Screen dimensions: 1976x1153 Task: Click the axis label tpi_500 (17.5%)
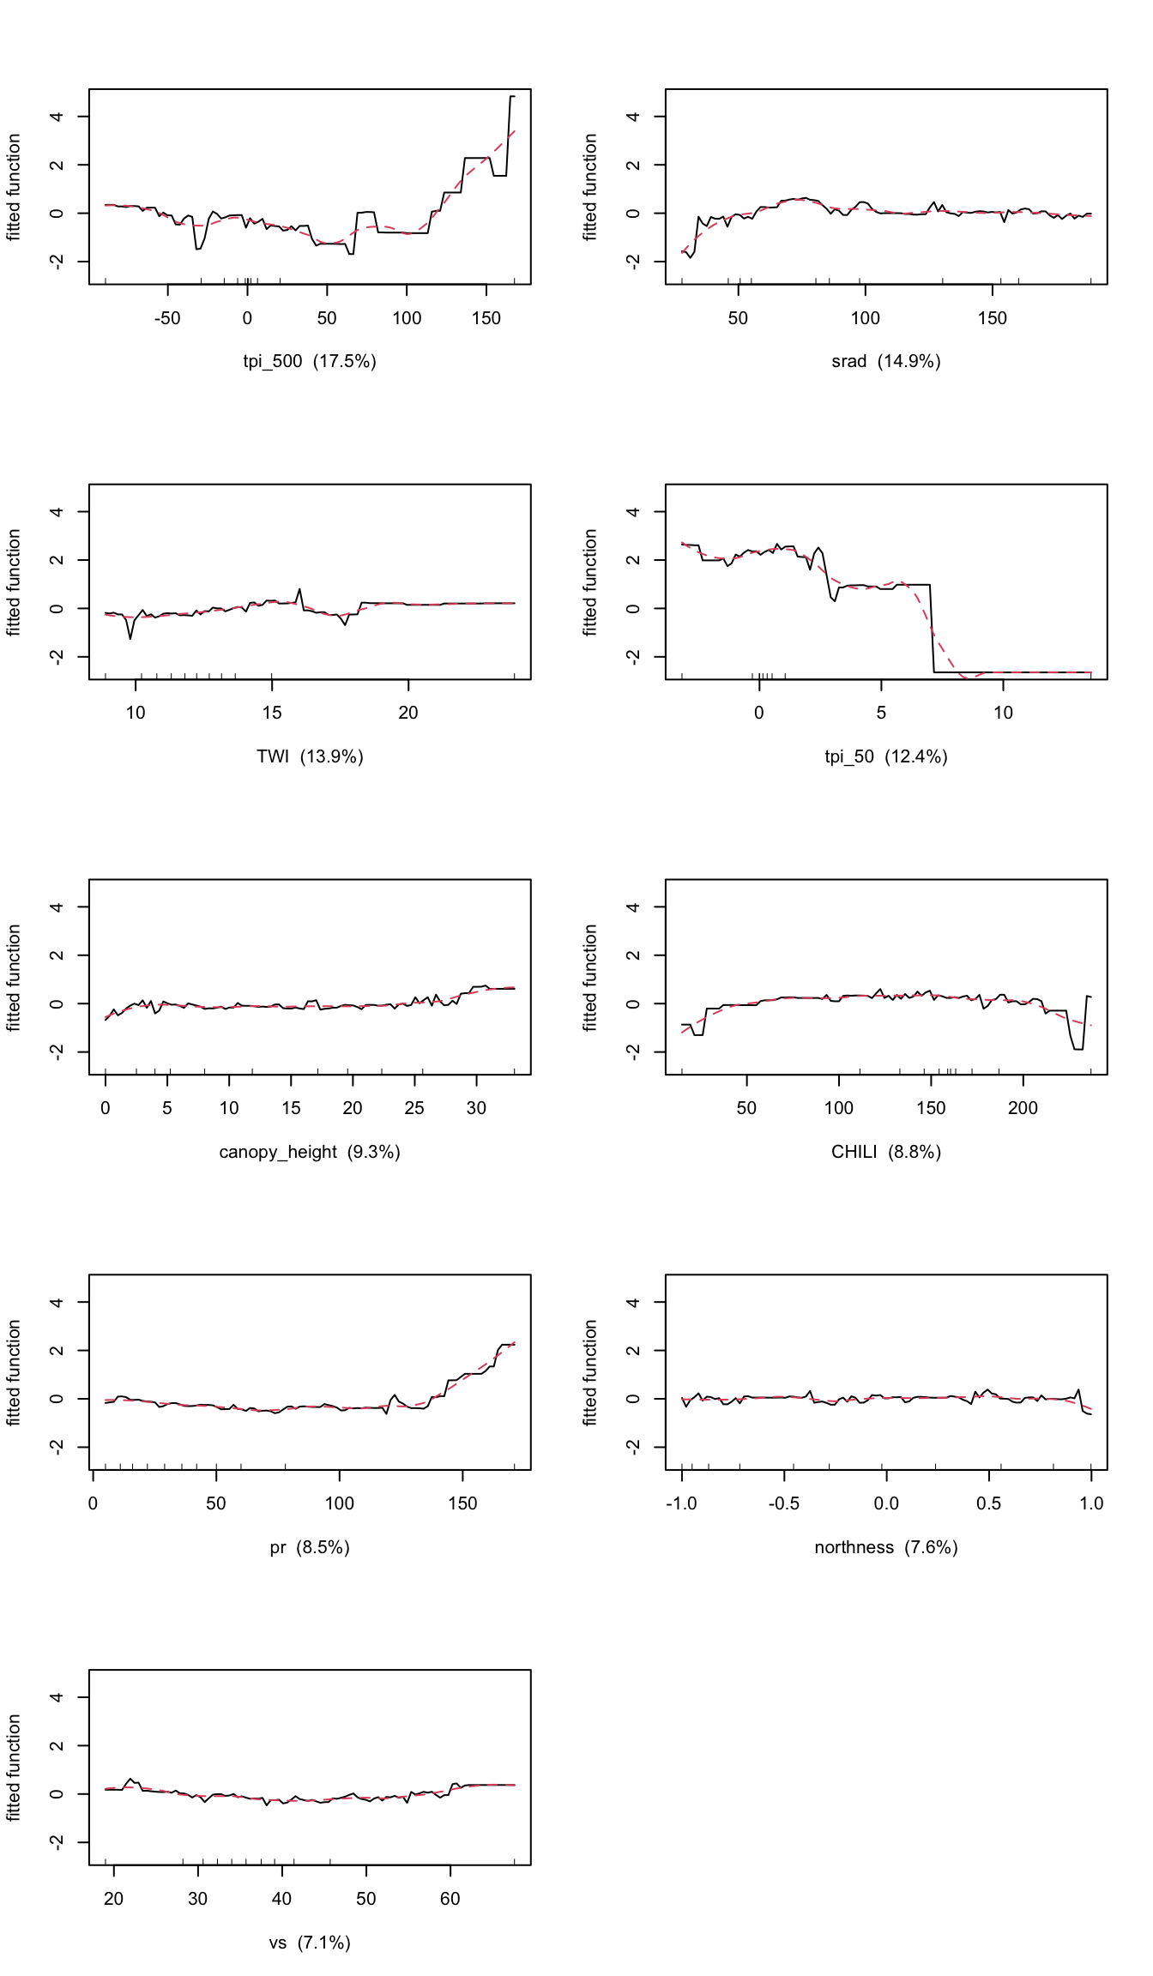tap(310, 361)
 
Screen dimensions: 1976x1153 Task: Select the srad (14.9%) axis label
tap(886, 361)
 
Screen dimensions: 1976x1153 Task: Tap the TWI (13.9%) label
tap(310, 756)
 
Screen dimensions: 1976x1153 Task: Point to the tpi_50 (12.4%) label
tap(886, 756)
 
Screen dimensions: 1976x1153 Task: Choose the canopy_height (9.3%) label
tap(310, 1152)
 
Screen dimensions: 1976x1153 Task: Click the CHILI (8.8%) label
tap(886, 1152)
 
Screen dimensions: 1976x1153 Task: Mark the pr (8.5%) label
tap(310, 1547)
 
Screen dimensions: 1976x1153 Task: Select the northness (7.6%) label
tap(886, 1547)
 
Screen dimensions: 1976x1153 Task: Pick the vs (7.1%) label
tap(310, 1943)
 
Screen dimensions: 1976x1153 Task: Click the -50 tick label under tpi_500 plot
tap(167, 318)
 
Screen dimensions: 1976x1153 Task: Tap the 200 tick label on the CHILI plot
tap(1023, 1108)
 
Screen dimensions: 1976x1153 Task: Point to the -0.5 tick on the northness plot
tap(784, 1503)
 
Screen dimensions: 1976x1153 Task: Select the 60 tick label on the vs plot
tap(450, 1899)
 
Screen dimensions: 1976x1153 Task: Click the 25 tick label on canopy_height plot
tap(414, 1108)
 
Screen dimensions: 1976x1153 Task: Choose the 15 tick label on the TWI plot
tap(272, 713)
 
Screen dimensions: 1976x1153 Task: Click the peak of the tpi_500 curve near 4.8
tap(512, 97)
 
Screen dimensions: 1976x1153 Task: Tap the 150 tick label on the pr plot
tap(462, 1503)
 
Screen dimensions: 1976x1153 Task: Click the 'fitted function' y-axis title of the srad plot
tap(590, 187)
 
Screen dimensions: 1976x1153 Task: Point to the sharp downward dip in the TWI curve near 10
tap(130, 638)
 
